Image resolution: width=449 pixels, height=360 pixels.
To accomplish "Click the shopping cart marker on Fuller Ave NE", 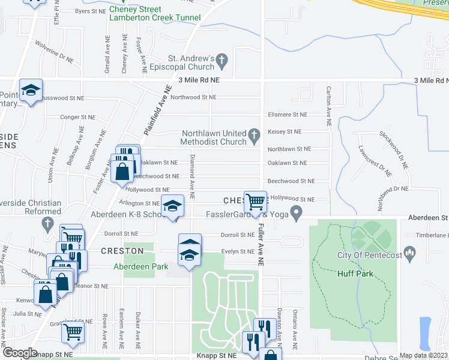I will point(255,201).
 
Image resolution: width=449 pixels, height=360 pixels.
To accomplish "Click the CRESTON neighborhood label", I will point(122,251).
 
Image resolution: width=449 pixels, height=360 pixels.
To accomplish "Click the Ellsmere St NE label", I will point(287,115).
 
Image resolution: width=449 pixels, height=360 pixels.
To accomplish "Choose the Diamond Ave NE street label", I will point(193,177).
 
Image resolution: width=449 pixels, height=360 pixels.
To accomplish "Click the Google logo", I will point(19,353).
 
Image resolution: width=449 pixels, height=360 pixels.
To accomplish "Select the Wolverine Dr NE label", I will point(54,61).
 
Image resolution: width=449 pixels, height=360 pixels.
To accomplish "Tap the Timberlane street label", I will point(435,236).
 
